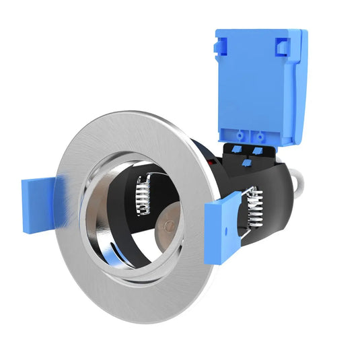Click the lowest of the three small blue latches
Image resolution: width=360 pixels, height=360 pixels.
247,161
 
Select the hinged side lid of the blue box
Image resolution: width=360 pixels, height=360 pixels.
296,87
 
